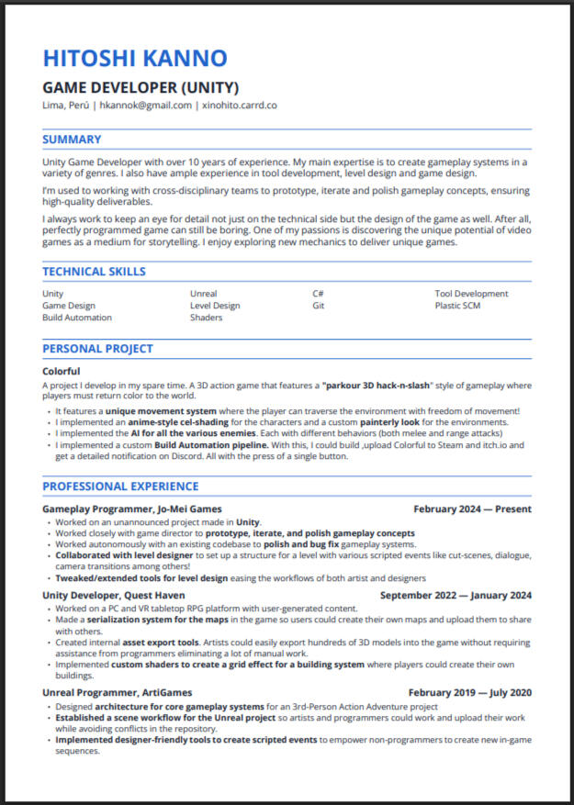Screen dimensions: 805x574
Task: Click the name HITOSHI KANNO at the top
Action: [x=134, y=59]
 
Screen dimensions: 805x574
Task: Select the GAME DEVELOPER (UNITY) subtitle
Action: [x=141, y=88]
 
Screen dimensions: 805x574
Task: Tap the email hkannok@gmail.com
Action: [x=146, y=106]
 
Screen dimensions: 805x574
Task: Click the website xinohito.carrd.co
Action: [x=240, y=106]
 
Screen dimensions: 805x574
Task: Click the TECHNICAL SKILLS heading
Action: [x=94, y=272]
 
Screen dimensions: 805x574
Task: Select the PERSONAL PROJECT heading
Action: [x=97, y=349]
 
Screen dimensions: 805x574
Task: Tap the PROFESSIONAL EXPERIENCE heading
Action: [x=120, y=486]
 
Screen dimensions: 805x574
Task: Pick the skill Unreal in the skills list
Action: [x=203, y=294]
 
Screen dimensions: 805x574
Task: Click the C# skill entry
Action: [x=318, y=294]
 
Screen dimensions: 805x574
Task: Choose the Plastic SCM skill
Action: [x=459, y=306]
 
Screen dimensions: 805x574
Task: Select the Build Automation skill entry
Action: [x=77, y=318]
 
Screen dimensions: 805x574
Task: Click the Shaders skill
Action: [x=206, y=318]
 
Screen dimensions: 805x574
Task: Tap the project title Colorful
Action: [x=61, y=371]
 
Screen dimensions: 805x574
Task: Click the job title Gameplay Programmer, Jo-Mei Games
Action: [x=131, y=509]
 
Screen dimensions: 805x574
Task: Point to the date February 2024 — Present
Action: [x=472, y=509]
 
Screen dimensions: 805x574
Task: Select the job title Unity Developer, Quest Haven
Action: [x=113, y=595]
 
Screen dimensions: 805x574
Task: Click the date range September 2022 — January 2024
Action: [x=456, y=595]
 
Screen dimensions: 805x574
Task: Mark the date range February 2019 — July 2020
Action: [x=469, y=692]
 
